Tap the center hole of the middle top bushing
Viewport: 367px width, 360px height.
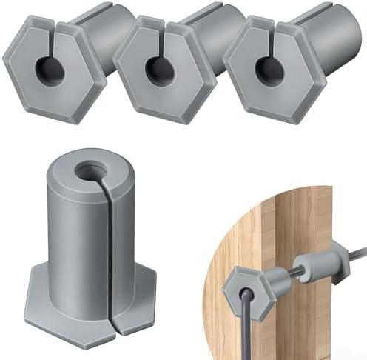pos(155,67)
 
